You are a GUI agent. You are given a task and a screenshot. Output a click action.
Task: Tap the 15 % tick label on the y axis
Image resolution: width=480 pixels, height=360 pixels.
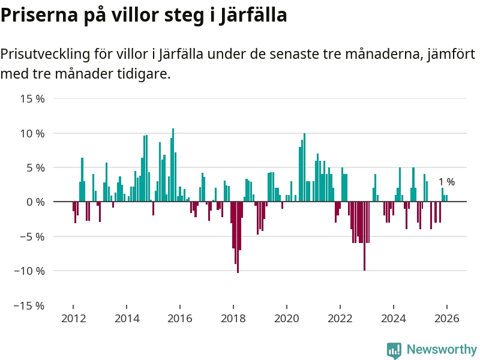(x=32, y=98)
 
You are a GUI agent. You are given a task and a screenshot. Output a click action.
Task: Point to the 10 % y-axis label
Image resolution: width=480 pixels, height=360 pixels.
(x=32, y=133)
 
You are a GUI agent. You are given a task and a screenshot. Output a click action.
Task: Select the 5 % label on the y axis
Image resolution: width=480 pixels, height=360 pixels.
(x=35, y=167)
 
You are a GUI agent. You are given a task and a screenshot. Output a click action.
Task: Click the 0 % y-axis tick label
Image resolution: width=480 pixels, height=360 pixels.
(x=35, y=202)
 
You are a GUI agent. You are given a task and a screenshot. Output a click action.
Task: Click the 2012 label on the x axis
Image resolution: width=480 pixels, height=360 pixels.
(x=73, y=319)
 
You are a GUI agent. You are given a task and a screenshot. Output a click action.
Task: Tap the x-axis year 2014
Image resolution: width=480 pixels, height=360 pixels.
(x=126, y=319)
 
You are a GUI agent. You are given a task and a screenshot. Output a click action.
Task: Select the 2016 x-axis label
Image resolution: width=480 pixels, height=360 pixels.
(x=179, y=319)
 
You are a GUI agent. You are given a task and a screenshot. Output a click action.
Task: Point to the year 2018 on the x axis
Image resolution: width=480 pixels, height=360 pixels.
(x=233, y=319)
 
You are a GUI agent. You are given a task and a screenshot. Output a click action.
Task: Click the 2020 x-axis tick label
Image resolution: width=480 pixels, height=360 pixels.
(x=286, y=319)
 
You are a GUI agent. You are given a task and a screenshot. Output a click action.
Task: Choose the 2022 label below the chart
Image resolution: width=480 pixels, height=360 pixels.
(x=340, y=319)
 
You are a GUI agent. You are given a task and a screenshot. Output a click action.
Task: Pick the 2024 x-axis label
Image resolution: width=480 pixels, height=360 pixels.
(x=393, y=319)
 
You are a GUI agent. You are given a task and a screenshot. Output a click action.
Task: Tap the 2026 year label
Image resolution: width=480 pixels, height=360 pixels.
(x=446, y=319)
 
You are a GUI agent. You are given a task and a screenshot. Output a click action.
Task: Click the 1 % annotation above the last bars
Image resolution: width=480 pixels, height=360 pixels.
(x=446, y=182)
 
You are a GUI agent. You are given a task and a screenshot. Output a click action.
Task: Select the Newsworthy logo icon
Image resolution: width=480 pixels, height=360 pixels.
(x=394, y=350)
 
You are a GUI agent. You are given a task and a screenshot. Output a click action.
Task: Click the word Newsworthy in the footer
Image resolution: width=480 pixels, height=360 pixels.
(x=442, y=349)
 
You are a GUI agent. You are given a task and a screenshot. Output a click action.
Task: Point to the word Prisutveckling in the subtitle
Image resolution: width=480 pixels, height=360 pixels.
(x=46, y=55)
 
